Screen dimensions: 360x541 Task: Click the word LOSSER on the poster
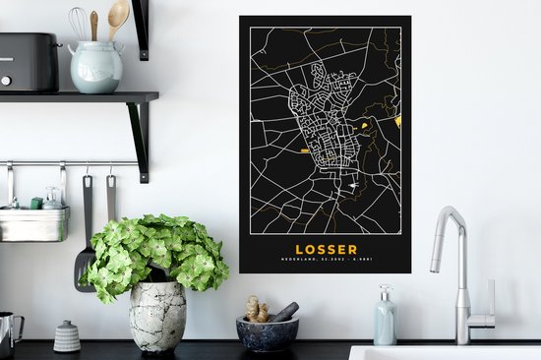pos(326,249)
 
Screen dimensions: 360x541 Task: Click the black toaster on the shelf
pos(28,61)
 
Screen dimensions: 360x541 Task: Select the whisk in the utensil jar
pos(78,23)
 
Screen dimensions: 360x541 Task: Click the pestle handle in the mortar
pos(284,311)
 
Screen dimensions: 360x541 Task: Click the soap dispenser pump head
pos(384,291)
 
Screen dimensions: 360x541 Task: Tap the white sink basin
pos(443,352)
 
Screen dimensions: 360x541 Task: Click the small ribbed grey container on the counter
pos(67,336)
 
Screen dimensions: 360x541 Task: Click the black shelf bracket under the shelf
pos(138,138)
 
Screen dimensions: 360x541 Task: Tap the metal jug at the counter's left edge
pos(10,334)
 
